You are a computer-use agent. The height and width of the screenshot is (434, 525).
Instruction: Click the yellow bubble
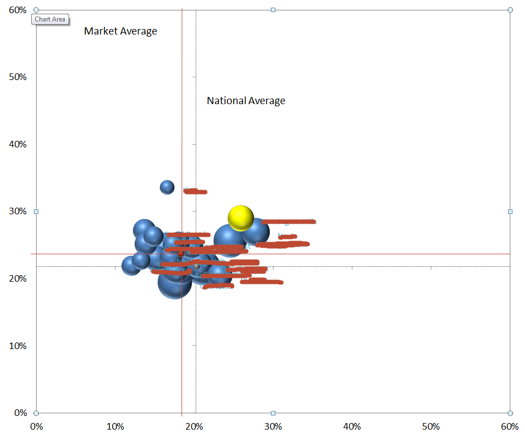tap(241, 219)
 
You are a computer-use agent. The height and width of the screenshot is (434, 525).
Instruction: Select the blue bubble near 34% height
tap(167, 187)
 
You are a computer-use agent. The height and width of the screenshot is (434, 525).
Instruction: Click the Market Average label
tap(121, 31)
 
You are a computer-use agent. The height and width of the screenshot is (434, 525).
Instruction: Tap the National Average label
tap(246, 101)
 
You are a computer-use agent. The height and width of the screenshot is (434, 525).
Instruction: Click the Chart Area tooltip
tap(50, 19)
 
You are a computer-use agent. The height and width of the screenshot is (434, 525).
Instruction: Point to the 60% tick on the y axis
tap(18, 10)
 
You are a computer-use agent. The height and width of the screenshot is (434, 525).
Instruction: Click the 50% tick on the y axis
tap(18, 77)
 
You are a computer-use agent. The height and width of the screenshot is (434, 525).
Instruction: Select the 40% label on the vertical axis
tap(18, 144)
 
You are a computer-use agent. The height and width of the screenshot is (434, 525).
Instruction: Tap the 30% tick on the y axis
tap(18, 212)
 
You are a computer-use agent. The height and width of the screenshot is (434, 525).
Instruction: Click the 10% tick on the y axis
tap(18, 346)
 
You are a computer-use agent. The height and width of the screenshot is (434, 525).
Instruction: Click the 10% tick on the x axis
tap(115, 426)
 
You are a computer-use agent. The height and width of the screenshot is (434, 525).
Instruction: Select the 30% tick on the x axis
tap(273, 426)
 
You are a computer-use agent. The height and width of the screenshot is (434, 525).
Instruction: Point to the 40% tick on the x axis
tap(352, 426)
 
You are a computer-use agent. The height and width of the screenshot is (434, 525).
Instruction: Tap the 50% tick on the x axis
tap(431, 426)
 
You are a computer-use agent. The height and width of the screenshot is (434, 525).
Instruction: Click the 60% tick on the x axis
tap(510, 426)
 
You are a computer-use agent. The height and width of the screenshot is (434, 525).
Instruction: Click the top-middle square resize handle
tap(273, 10)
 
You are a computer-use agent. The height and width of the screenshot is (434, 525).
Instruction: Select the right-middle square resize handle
tap(510, 212)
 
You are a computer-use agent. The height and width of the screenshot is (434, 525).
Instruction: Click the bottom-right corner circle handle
tap(510, 413)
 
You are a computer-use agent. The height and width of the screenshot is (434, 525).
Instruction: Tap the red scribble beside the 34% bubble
tap(195, 191)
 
